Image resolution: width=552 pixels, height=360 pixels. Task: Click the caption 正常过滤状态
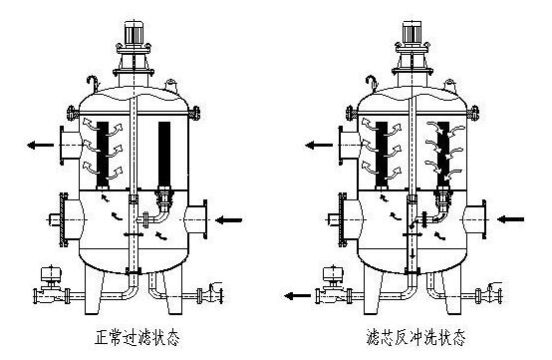pyautogui.click(x=138, y=337)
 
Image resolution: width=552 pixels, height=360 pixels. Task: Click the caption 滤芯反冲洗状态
pyautogui.click(x=415, y=337)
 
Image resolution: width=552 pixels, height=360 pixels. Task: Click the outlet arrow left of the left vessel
pyautogui.click(x=41, y=145)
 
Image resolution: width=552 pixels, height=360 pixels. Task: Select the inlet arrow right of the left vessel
pyautogui.click(x=229, y=220)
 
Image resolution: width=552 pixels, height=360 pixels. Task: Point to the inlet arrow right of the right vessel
pyautogui.click(x=511, y=219)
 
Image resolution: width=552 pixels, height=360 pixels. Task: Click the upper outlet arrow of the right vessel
pyautogui.click(x=319, y=145)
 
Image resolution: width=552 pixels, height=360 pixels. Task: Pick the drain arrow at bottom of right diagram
pyautogui.click(x=298, y=296)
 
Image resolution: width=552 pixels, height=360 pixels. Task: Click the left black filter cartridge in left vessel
pyautogui.click(x=103, y=154)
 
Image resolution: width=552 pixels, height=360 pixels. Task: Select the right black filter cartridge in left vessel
pyautogui.click(x=164, y=154)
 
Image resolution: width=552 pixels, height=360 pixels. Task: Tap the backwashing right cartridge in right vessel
pyautogui.click(x=443, y=154)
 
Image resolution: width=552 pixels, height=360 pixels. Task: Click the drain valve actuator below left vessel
pyautogui.click(x=52, y=273)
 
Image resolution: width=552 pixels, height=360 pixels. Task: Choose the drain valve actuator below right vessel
pyautogui.click(x=333, y=273)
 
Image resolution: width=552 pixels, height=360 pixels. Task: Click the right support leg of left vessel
pyautogui.click(x=173, y=289)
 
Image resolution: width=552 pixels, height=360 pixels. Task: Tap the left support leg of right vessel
pyautogui.click(x=374, y=290)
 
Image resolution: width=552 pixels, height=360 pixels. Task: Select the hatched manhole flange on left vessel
pyautogui.click(x=64, y=219)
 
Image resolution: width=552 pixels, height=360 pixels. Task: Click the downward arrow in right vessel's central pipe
pyautogui.click(x=413, y=251)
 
